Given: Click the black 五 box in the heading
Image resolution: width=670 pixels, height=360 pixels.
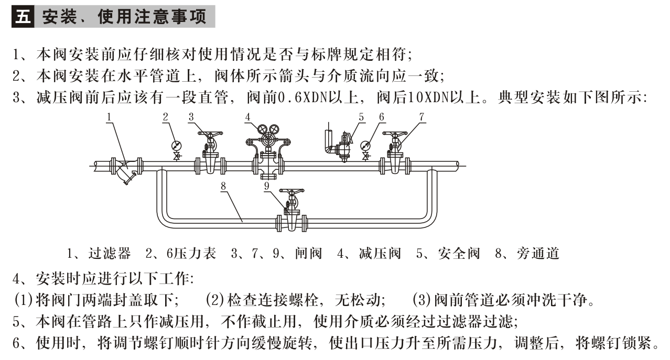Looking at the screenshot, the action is [x=23, y=16].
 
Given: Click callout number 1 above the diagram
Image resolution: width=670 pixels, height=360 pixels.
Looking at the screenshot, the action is [x=109, y=117].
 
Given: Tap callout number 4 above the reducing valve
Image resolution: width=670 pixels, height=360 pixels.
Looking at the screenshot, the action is [x=247, y=117].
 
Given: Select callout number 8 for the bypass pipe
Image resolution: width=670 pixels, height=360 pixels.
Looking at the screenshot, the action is [x=223, y=186].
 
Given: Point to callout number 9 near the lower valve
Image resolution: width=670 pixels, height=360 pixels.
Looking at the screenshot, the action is [x=267, y=186].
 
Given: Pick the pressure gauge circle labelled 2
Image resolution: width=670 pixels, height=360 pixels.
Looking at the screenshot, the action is [x=177, y=146].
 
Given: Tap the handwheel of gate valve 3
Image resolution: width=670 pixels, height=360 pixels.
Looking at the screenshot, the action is [x=210, y=134].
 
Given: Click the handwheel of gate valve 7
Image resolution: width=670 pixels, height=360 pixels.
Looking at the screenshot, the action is [x=395, y=134].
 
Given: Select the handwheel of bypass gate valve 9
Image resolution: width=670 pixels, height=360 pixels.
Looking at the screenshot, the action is [x=291, y=190].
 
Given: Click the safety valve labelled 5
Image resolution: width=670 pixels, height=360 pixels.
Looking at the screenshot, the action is [x=344, y=147].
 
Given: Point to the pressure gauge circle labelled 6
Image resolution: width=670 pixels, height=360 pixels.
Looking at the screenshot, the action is [x=365, y=146].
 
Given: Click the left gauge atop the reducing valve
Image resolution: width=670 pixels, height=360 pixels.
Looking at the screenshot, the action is [x=262, y=129].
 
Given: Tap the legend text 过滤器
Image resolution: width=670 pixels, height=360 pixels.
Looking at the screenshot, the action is [x=110, y=254].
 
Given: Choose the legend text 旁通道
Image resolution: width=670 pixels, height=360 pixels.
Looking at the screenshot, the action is [x=538, y=254].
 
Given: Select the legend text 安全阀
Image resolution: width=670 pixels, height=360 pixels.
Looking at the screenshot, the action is [x=459, y=254].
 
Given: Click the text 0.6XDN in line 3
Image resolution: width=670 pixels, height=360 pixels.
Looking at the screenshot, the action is [x=302, y=97].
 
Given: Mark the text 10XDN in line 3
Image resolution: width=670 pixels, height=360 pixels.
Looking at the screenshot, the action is [x=429, y=97].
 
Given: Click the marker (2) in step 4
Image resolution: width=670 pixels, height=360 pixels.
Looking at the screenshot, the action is [x=215, y=300].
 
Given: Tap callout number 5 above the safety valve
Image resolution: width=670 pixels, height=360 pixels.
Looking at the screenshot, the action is [x=361, y=117].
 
